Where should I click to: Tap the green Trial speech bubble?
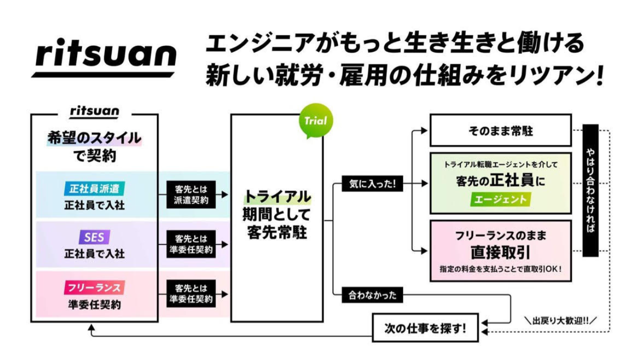(315, 120)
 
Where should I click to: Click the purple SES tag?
(94, 237)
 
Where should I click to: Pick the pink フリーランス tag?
(94, 288)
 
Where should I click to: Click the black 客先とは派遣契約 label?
(191, 194)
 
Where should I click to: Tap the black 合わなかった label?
(372, 295)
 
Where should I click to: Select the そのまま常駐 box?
(500, 131)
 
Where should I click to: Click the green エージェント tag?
(500, 199)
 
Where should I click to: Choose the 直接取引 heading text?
(500, 251)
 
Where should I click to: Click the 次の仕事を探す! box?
(425, 328)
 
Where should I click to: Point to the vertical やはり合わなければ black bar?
(590, 190)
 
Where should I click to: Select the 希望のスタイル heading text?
(94, 138)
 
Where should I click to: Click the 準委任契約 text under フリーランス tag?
(94, 304)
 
